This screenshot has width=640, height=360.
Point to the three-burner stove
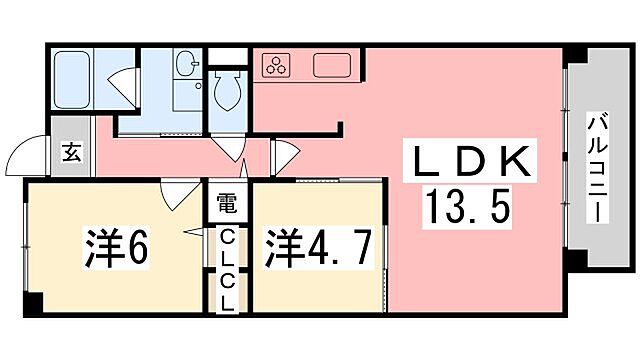(x=276, y=66)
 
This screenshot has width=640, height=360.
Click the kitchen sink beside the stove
(x=332, y=67)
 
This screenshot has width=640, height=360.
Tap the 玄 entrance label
(x=72, y=152)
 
